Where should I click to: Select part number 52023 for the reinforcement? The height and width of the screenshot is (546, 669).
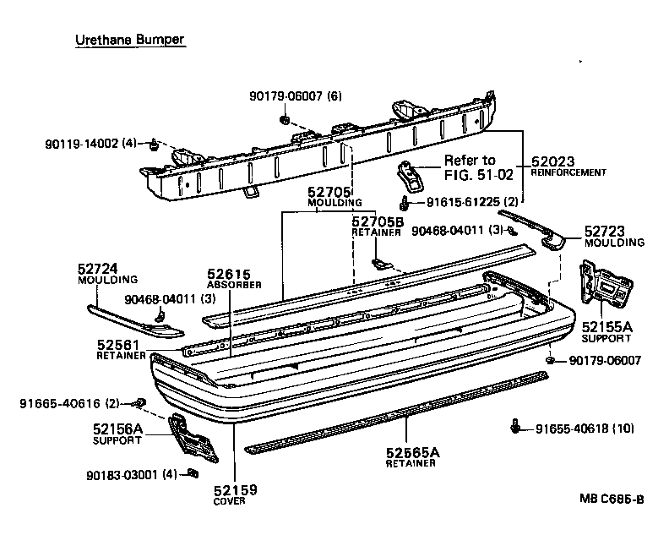click(552, 160)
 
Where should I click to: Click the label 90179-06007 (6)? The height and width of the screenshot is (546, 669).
click(296, 96)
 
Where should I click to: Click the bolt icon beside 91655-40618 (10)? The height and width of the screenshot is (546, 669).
click(516, 428)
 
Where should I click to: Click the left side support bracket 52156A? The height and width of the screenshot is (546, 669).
click(192, 438)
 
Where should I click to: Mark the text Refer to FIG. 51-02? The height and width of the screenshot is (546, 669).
click(470, 167)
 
